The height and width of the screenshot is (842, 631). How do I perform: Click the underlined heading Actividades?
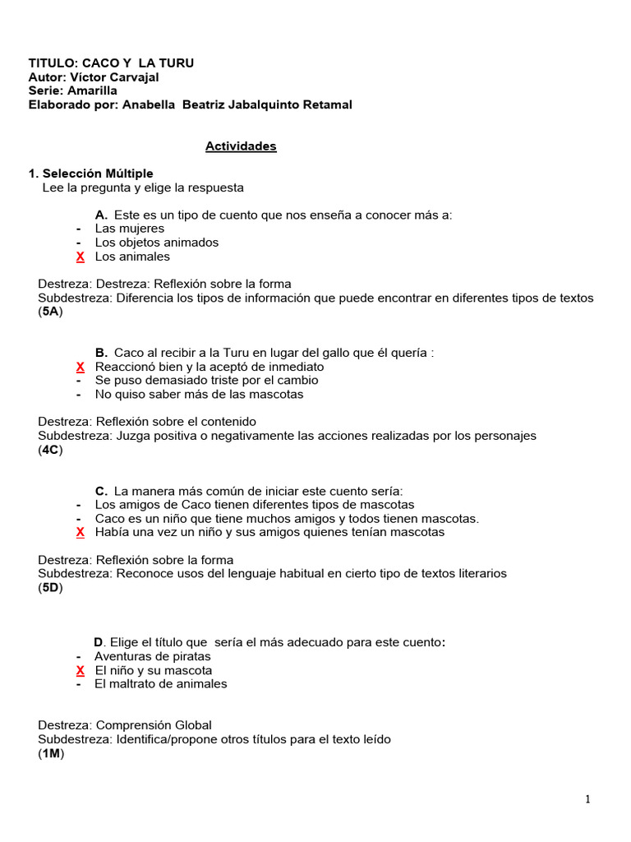[x=241, y=146]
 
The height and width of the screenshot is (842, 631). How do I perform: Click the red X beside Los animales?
[x=80, y=257]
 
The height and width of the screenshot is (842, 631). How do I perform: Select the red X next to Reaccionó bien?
[x=80, y=367]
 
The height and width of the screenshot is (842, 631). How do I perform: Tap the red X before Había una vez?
[x=80, y=532]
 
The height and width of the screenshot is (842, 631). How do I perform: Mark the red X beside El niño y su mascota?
[x=80, y=670]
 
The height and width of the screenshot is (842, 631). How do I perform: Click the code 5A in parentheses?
[x=50, y=312]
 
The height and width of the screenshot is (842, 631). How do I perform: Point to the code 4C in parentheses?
[x=50, y=450]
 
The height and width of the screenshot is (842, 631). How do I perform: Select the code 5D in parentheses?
[x=50, y=587]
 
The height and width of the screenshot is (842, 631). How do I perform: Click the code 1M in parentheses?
[x=50, y=753]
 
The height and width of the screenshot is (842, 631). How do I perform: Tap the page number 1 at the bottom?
[x=588, y=799]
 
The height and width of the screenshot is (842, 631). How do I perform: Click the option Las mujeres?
[x=130, y=229]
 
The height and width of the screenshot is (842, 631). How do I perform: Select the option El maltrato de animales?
[x=161, y=684]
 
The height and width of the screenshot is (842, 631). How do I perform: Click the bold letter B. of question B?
[x=102, y=353]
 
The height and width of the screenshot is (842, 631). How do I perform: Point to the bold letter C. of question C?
[x=102, y=491]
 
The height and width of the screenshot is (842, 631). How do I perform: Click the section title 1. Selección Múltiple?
[x=90, y=173]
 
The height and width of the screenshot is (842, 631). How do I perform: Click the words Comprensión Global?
[x=154, y=725]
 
